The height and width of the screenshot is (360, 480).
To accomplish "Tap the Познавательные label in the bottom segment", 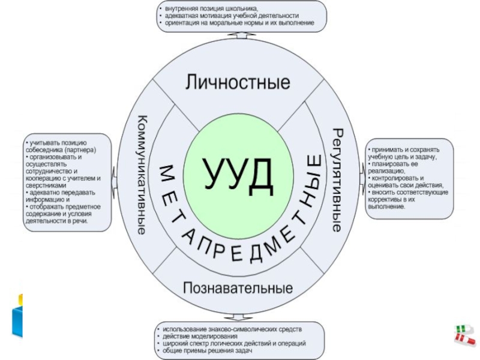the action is point(238,287).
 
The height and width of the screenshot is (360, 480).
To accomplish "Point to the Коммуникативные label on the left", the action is point(143,174).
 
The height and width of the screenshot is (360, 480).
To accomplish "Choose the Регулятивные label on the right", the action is point(338,180).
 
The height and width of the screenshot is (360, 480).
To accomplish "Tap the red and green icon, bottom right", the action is point(464,334).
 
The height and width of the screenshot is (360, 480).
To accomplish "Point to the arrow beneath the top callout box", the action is point(239,35).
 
